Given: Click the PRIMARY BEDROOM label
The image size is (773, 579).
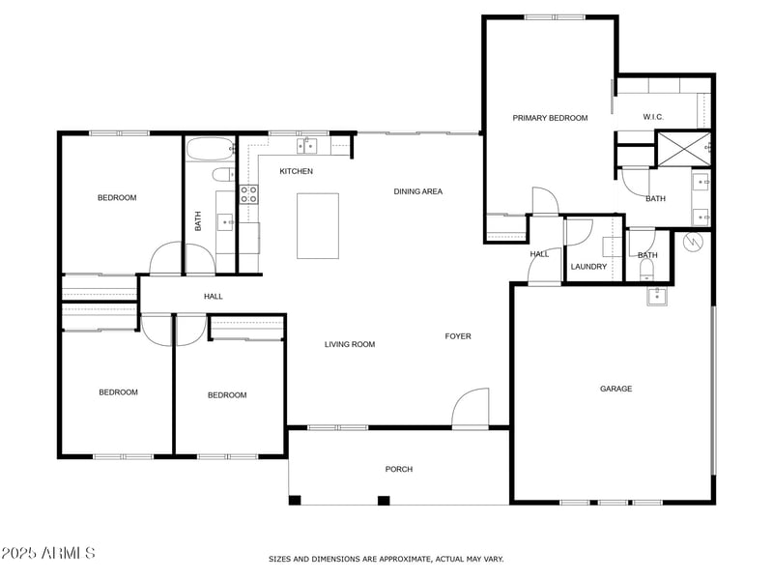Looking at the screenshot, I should (550, 118).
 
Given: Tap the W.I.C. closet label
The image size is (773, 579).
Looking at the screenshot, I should (655, 118).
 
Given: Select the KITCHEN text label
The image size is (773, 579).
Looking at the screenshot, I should (296, 171).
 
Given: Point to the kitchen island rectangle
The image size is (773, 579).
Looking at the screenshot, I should (318, 226).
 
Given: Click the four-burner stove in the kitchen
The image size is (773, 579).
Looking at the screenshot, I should (248, 192).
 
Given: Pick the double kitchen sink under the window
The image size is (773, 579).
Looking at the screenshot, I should (307, 146).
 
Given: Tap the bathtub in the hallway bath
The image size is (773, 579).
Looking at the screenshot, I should (209, 150).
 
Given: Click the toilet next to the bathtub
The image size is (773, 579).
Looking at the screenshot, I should (222, 175).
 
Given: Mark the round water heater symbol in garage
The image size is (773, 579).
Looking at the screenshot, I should (692, 243).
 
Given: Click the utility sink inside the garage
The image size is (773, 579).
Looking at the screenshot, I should (657, 295).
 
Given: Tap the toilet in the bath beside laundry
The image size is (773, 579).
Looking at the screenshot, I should (644, 270).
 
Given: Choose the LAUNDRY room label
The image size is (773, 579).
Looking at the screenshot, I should (588, 267).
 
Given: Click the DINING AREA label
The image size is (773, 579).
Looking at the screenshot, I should (417, 191).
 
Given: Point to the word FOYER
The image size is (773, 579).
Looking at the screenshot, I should (458, 336).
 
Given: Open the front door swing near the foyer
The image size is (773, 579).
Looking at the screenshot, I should (472, 408).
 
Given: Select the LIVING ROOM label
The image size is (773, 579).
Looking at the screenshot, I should (349, 344).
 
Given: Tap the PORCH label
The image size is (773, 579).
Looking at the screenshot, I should (399, 469).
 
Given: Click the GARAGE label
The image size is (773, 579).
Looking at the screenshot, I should (616, 389).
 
